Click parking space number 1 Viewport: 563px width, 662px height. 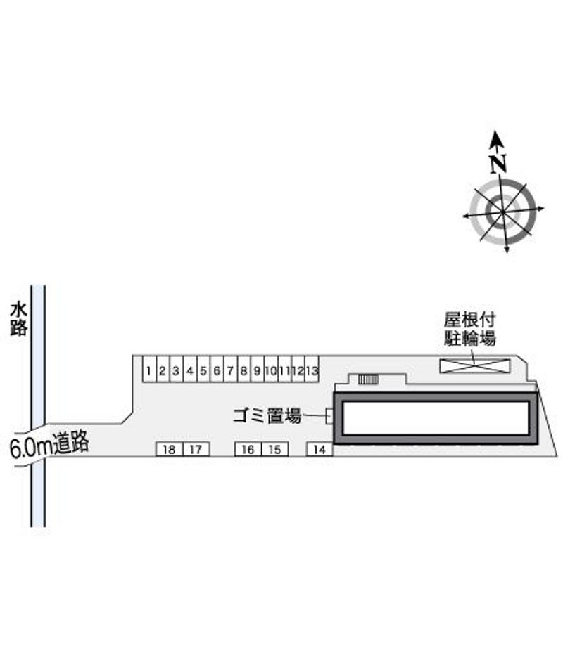click(x=148, y=370)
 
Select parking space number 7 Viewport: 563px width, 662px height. click(x=230, y=370)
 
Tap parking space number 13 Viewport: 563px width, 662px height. click(x=312, y=370)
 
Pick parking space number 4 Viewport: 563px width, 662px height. click(x=190, y=370)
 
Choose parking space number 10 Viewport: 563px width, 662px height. click(x=271, y=370)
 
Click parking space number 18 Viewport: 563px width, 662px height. click(x=170, y=449)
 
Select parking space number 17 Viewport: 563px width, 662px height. click(x=196, y=449)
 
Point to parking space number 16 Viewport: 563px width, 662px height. click(x=248, y=449)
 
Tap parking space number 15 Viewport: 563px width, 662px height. click(x=274, y=449)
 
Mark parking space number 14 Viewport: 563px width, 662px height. click(x=320, y=449)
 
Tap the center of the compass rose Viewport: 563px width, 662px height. click(x=503, y=210)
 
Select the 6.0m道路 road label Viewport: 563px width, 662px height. click(x=49, y=444)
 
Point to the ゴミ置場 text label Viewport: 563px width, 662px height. click(x=267, y=415)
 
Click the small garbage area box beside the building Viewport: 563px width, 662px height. click(x=329, y=416)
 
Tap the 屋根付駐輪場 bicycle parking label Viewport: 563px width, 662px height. click(x=469, y=329)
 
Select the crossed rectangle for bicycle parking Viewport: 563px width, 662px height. click(x=474, y=365)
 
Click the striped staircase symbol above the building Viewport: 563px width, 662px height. click(x=368, y=379)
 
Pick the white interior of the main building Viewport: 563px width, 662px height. click(x=436, y=418)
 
